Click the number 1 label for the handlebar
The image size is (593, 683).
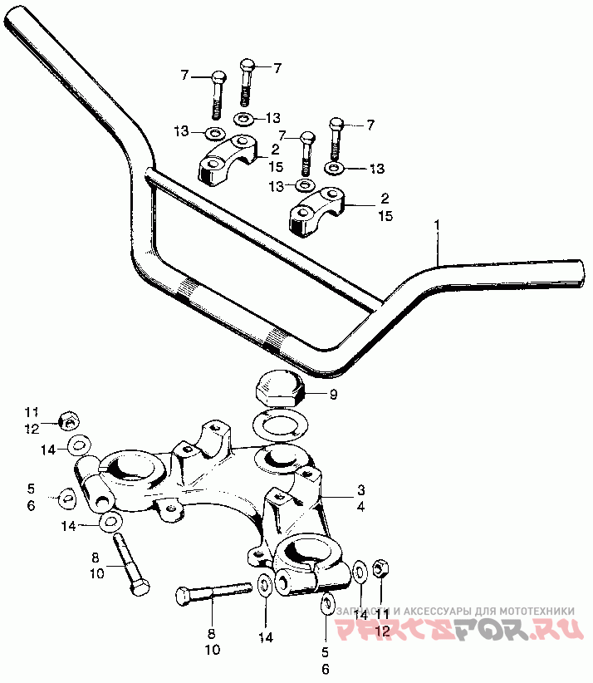[436, 225]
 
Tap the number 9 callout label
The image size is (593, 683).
[334, 395]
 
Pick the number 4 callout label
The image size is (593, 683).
[362, 505]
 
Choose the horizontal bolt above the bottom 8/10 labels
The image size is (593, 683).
[212, 594]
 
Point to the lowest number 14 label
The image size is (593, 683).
[264, 638]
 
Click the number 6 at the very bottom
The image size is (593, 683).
[326, 670]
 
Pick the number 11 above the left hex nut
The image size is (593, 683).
[32, 412]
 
